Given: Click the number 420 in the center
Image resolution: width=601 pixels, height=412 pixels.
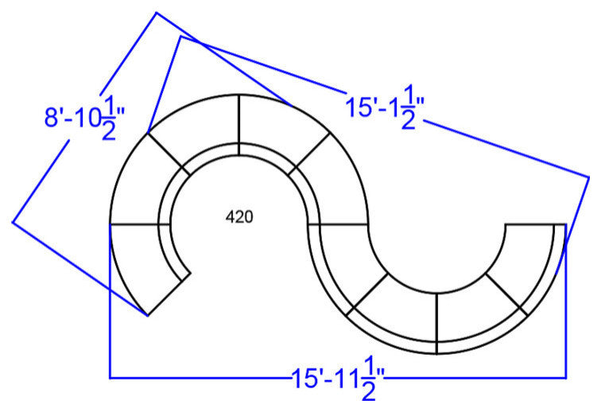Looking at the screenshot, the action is click(x=239, y=217).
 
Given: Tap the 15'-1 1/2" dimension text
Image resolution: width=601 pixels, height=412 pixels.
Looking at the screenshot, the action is click(x=386, y=107).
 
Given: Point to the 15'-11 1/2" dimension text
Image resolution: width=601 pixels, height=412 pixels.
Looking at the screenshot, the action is click(x=338, y=379).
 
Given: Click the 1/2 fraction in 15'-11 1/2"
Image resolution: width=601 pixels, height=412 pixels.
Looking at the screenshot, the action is click(x=368, y=379).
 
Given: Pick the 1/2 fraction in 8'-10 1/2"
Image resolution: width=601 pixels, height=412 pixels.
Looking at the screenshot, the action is click(x=109, y=119).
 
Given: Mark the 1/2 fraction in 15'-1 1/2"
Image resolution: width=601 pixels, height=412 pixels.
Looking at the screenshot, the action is click(x=409, y=107).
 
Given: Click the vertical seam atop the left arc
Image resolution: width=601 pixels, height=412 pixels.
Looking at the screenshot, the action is click(x=238, y=125).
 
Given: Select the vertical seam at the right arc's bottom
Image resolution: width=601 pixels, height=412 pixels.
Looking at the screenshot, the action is click(x=436, y=324).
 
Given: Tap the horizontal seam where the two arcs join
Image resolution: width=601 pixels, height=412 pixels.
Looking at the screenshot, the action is click(x=338, y=223).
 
